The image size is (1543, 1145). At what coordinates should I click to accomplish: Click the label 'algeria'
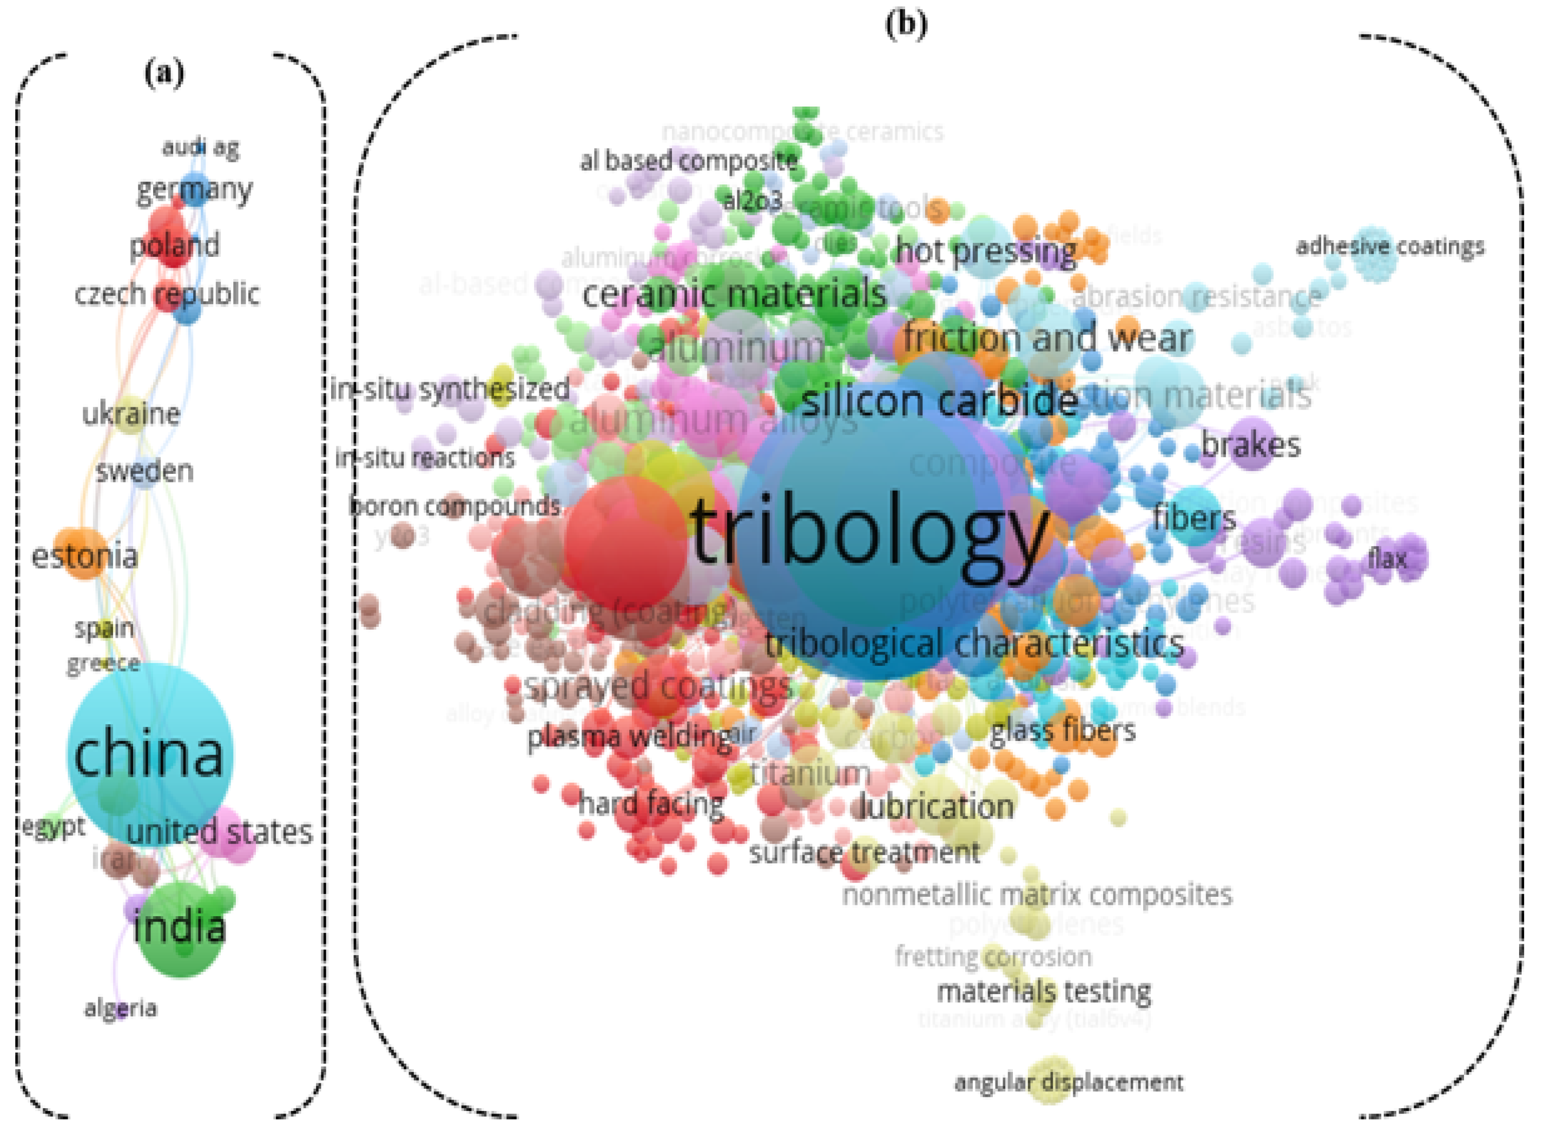point(121,1008)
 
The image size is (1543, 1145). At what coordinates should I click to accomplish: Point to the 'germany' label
point(194,189)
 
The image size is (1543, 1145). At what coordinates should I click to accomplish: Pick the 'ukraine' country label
point(131,414)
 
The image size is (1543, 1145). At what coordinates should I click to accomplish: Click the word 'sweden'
point(144,471)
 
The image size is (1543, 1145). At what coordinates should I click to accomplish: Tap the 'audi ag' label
point(200,147)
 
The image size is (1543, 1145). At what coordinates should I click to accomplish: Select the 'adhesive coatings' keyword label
point(1390,246)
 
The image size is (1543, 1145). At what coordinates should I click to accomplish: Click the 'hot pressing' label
point(986,251)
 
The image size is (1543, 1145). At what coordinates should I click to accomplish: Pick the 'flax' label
point(1387,559)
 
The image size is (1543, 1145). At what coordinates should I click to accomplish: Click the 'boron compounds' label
point(454,506)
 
